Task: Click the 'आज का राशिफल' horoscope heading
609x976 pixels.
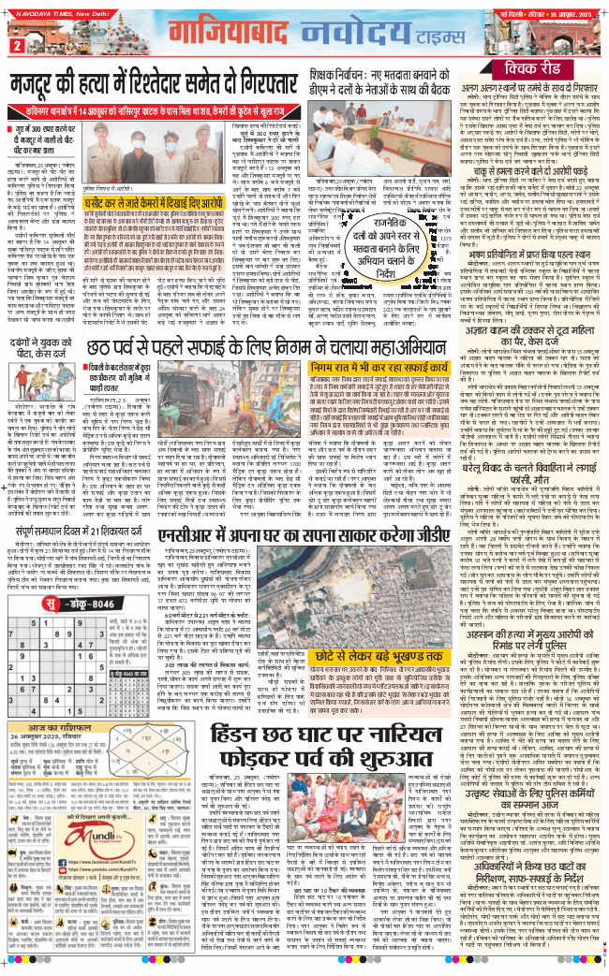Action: click(x=74, y=704)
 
